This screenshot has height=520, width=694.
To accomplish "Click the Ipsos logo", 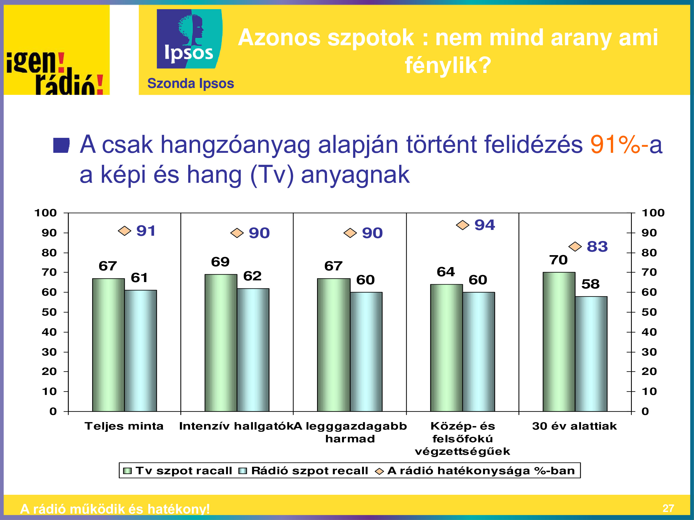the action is point(190,39).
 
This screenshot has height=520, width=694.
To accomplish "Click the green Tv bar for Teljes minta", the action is point(109,345).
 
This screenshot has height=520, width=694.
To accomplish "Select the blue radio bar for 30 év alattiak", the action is point(591,354).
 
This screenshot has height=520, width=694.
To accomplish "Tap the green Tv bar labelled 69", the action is point(221,343).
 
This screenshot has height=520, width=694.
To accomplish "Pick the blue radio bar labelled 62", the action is point(253,350).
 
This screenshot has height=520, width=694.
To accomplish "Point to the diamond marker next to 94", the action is point(462,225).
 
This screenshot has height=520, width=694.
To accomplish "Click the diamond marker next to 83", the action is point(575,246).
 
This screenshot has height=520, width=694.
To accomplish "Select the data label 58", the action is point(590,284).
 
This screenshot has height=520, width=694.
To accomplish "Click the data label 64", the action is point(446,272).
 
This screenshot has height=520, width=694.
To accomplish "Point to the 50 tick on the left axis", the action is point(49,312).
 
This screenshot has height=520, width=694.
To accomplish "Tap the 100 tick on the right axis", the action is point(653,213).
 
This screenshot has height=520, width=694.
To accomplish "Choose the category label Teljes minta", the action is point(124,426).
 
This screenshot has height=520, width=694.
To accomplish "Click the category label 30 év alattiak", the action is point(574,426).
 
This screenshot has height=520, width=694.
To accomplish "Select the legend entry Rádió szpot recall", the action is point(304,471).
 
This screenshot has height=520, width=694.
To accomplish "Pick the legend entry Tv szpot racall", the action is point(178,471).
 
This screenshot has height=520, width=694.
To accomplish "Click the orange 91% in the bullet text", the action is point(615,144).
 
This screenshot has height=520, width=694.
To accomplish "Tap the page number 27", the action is point(668,508).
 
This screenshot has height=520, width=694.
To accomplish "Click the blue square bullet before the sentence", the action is point(61,145).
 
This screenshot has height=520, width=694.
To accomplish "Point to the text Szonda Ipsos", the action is point(191,84).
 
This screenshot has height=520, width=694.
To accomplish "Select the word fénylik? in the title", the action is point(448,65).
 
